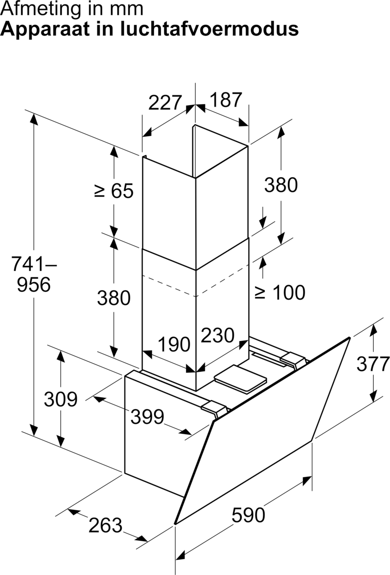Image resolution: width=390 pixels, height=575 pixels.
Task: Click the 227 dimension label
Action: tap(165, 103)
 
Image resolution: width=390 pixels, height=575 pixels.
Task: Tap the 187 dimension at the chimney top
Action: tap(226, 100)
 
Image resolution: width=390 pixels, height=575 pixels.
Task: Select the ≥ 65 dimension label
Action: tap(114, 191)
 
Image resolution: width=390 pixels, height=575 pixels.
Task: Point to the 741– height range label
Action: tap(34, 264)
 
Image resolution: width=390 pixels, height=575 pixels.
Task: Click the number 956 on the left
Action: tap(33, 284)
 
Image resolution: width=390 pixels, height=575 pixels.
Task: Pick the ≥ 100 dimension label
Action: tap(279, 292)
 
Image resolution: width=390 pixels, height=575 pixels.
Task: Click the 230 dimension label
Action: tap(218, 335)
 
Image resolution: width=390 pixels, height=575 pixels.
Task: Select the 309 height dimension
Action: tap(61, 399)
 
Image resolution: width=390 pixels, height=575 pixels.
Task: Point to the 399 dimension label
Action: tap(147, 417)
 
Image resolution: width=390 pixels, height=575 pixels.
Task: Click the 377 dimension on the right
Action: tap(373, 364)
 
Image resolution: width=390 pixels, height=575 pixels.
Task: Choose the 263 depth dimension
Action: tap(105, 525)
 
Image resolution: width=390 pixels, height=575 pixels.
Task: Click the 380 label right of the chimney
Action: tap(281, 185)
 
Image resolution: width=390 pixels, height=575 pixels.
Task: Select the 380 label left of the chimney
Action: tap(114, 298)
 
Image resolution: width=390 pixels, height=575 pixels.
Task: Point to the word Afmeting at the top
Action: tap(38, 10)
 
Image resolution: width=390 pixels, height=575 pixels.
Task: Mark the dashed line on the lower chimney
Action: tap(196, 284)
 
